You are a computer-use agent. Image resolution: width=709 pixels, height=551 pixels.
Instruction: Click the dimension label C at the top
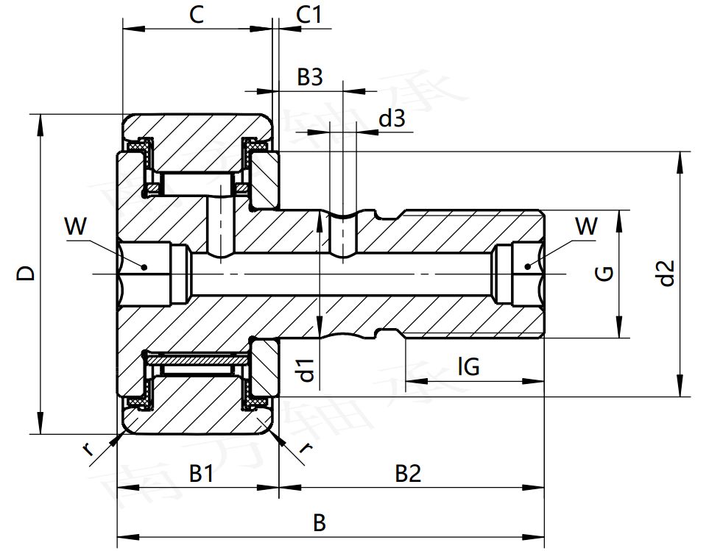pyautogui.click(x=196, y=15)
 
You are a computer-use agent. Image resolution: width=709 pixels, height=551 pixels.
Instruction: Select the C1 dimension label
pyautogui.click(x=314, y=15)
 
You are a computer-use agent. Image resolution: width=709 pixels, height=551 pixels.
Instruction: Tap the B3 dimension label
pyautogui.click(x=310, y=77)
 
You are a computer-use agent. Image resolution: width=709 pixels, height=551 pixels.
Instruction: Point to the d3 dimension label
pyautogui.click(x=391, y=118)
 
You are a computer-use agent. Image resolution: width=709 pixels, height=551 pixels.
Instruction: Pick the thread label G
pyautogui.click(x=604, y=274)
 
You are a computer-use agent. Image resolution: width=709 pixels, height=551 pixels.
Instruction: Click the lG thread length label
pyautogui.click(x=468, y=366)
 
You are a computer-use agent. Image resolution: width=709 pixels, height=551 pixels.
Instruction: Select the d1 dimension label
pyautogui.click(x=308, y=370)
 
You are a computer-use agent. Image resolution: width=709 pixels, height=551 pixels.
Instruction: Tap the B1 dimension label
pyautogui.click(x=201, y=474)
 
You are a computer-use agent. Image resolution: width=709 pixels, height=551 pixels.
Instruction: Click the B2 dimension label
pyautogui.click(x=408, y=474)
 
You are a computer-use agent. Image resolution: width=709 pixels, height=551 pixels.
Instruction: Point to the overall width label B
pyautogui.click(x=319, y=523)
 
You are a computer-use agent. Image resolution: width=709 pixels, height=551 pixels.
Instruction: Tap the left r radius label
pyautogui.click(x=89, y=449)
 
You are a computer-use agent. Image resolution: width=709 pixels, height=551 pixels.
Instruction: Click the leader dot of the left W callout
pyautogui.click(x=145, y=266)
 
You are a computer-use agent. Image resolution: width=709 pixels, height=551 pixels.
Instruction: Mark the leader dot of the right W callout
pyautogui.click(x=527, y=265)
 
